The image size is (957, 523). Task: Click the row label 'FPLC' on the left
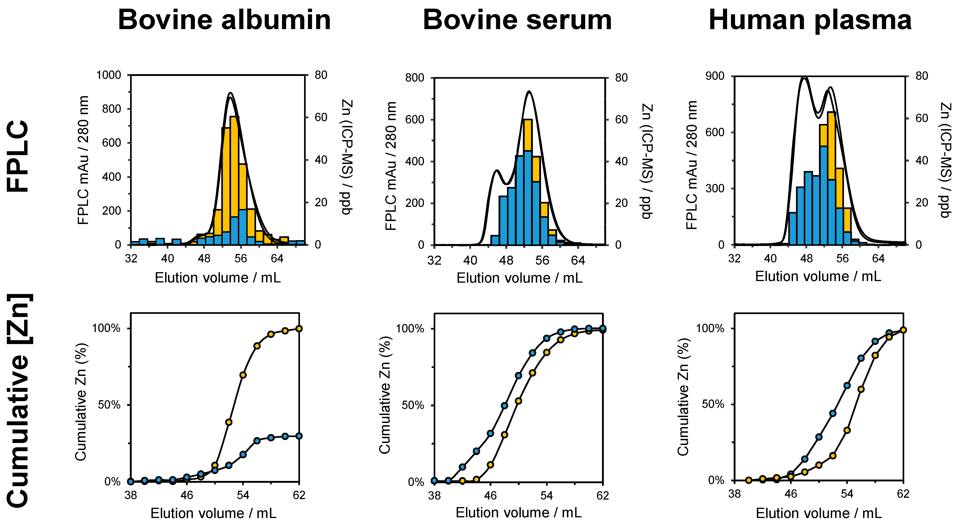[x=18, y=156]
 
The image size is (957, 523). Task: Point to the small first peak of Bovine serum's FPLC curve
[x=496, y=171]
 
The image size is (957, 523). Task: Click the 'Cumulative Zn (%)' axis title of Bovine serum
[x=385, y=395]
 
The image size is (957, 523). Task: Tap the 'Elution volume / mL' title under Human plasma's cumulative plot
[x=818, y=513]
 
